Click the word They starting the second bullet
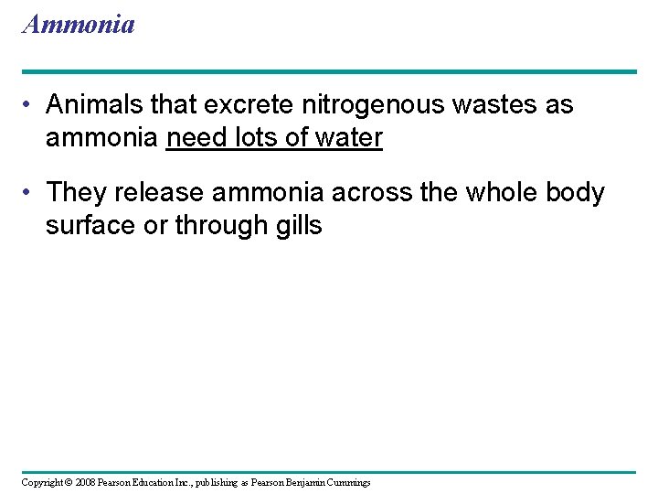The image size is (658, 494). coord(76,193)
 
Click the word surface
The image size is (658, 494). coord(90,226)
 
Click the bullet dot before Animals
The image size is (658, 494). coord(30,105)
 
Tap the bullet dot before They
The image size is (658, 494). coord(30,193)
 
